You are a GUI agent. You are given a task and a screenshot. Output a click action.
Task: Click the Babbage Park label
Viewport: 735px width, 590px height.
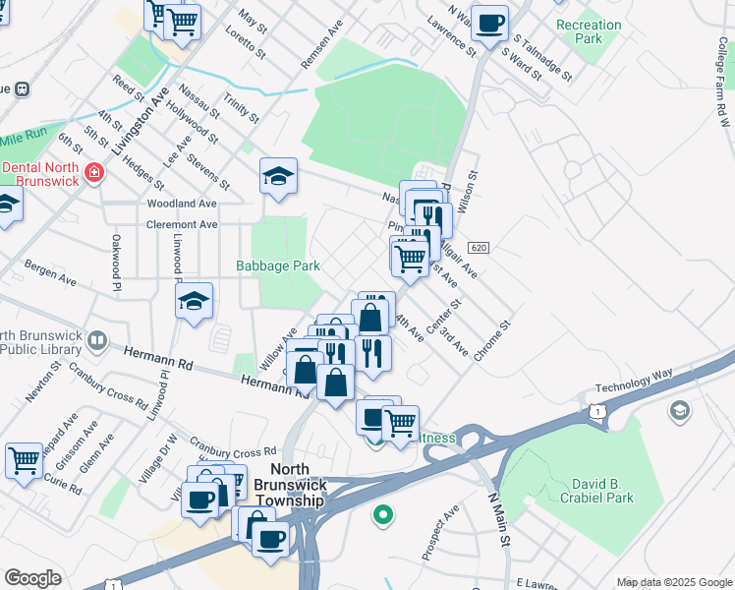tap(277, 265)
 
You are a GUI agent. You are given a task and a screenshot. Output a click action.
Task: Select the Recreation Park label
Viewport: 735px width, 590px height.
tap(589, 31)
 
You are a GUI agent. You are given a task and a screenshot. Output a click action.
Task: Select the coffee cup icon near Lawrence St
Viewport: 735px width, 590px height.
tap(489, 23)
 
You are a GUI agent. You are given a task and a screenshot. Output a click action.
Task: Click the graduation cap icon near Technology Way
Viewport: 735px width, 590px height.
tap(678, 410)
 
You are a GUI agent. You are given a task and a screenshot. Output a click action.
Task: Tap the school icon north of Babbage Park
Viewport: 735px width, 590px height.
tap(278, 177)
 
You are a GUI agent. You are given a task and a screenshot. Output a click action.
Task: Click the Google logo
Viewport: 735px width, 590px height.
tap(31, 578)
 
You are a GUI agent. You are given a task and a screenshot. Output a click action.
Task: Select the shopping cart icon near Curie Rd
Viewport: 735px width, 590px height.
tap(24, 459)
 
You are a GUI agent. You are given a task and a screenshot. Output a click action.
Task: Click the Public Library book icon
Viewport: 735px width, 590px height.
tap(96, 341)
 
